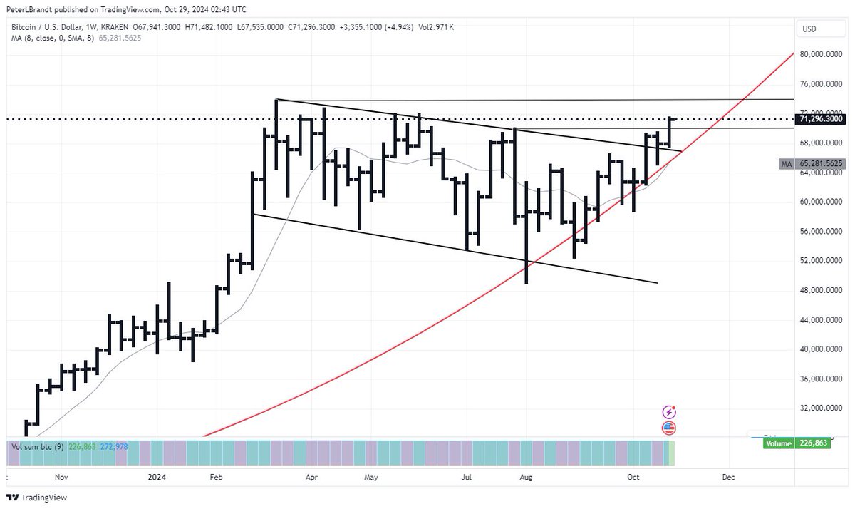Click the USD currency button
(x=809, y=29)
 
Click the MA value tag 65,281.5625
(x=822, y=164)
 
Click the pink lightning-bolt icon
(x=669, y=412)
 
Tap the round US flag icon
(x=669, y=428)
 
